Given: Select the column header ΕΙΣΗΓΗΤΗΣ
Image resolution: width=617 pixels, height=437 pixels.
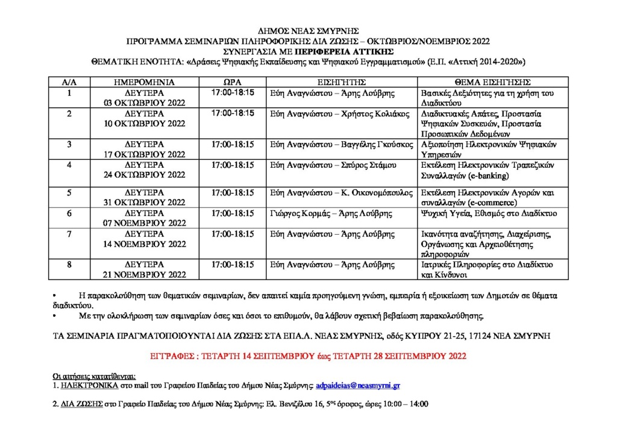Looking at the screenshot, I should point(342,82).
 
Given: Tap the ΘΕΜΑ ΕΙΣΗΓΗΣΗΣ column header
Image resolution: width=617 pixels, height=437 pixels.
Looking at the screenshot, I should point(493,82).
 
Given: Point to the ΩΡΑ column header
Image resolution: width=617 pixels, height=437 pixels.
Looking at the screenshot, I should point(233,82).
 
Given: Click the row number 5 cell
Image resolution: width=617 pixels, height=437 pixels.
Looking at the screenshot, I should point(69,193).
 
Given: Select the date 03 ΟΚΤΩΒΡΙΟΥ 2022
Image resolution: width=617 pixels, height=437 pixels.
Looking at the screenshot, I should point(144,103).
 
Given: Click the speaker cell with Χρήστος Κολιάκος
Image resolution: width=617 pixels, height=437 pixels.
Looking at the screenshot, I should point(341,113).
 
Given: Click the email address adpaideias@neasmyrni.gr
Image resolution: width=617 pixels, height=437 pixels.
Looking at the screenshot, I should point(360,384).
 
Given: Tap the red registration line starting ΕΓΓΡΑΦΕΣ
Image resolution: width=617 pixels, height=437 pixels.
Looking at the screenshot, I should point(308,357).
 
